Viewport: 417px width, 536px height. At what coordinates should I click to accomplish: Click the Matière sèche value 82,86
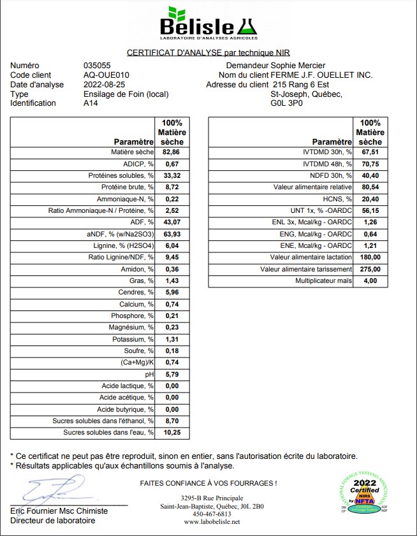[172, 152]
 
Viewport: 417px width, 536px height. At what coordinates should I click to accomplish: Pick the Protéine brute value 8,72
[172, 187]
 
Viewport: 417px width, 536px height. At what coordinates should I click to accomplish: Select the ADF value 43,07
[172, 222]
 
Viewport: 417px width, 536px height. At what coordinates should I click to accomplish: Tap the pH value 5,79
[172, 374]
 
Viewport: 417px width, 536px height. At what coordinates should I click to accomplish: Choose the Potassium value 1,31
[172, 339]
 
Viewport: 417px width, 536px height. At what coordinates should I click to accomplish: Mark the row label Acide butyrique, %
[126, 409]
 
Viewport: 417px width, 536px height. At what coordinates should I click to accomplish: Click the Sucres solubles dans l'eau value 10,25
[172, 433]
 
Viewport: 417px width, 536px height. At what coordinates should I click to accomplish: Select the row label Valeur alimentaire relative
[312, 187]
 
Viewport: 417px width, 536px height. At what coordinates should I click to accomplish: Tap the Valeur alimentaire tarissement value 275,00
[370, 269]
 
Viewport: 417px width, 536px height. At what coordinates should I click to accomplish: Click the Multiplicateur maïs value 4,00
[370, 280]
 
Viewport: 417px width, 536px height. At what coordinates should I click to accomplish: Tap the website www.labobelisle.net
[212, 522]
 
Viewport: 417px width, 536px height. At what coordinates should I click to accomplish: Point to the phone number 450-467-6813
[212, 514]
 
